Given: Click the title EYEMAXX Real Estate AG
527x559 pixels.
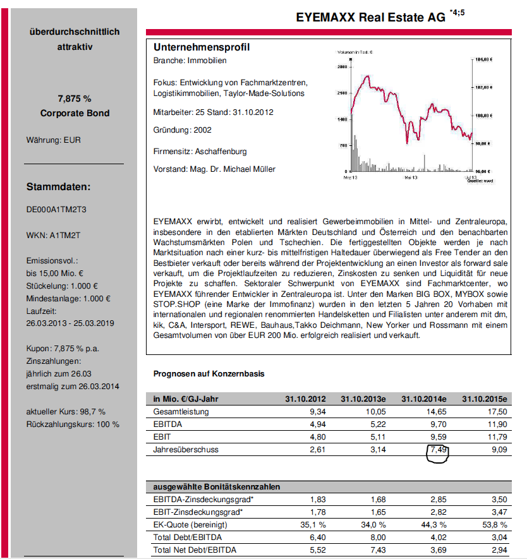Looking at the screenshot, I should click(x=370, y=18).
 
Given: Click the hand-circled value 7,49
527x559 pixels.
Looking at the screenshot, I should click(x=436, y=449).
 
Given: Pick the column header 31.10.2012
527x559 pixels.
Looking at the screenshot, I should click(x=305, y=399).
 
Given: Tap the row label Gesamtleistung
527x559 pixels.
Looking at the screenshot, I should click(x=181, y=412).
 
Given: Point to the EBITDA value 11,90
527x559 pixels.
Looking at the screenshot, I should click(x=495, y=424).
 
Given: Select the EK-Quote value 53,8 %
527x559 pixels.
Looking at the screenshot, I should click(x=495, y=525).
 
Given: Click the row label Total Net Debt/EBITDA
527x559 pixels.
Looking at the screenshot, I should click(x=195, y=550).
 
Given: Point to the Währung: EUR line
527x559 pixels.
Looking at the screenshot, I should click(x=53, y=140).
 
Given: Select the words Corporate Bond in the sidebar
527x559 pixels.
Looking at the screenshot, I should click(x=75, y=113).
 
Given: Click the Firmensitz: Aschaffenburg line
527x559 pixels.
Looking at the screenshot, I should click(x=200, y=152).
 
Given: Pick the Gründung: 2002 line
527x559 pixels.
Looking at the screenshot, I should click(x=183, y=129).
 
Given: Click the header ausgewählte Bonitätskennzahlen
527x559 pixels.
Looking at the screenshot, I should click(x=217, y=487).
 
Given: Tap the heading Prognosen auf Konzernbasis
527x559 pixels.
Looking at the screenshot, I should click(x=209, y=373).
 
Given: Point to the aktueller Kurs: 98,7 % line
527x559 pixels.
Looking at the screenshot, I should click(x=66, y=412).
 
